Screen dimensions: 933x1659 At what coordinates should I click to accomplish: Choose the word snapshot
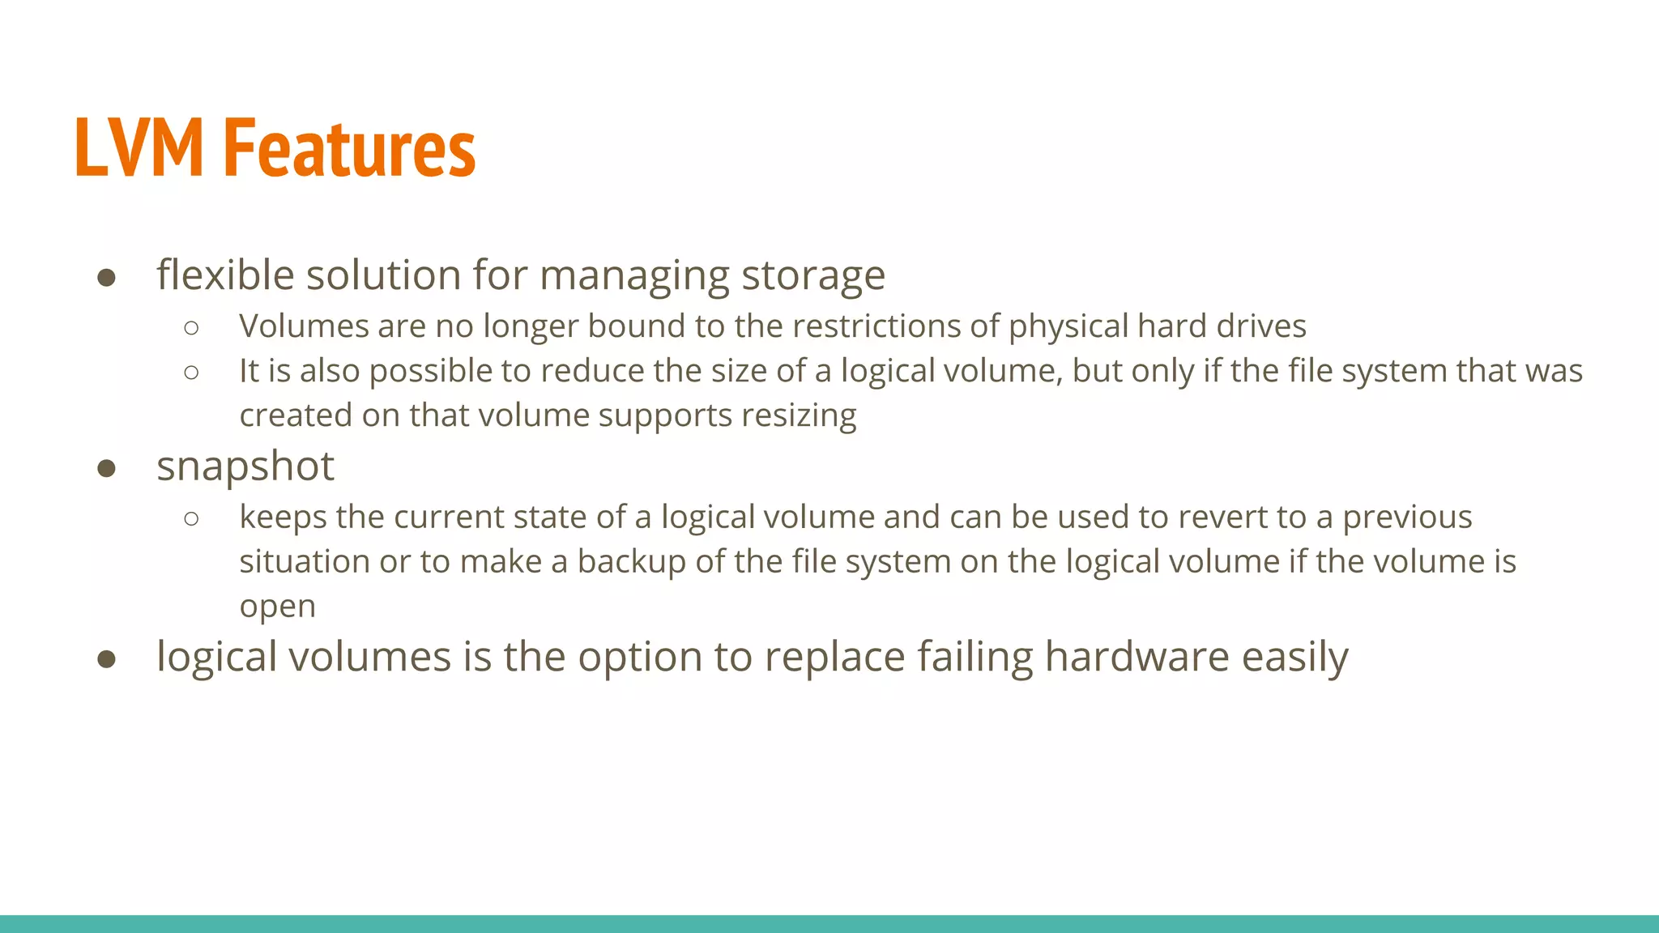(245, 467)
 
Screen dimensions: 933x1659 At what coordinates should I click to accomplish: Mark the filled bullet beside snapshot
(106, 469)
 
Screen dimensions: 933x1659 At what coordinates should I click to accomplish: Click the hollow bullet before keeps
(191, 518)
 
